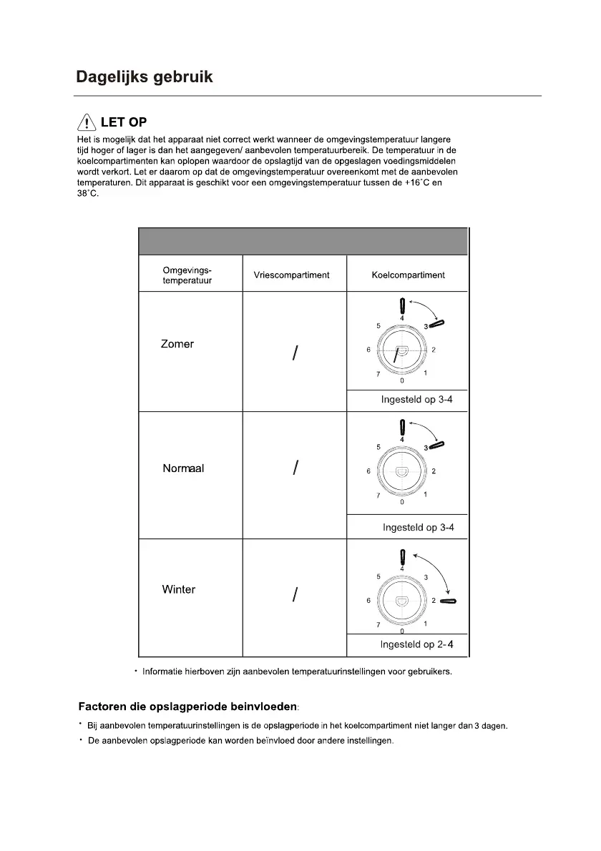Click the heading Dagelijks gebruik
[145, 77]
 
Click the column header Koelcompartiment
[408, 275]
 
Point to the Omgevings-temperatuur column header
[187, 275]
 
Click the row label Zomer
[177, 344]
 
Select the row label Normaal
[183, 468]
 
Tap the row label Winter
[178, 590]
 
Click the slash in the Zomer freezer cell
[294, 353]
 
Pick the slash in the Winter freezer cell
[294, 595]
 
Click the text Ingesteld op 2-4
[416, 645]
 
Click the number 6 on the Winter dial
[368, 601]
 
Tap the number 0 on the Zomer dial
[402, 380]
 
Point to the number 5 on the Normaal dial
[378, 447]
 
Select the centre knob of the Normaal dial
[401, 472]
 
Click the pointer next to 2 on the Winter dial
[449, 601]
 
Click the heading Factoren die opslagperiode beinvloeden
[187, 707]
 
